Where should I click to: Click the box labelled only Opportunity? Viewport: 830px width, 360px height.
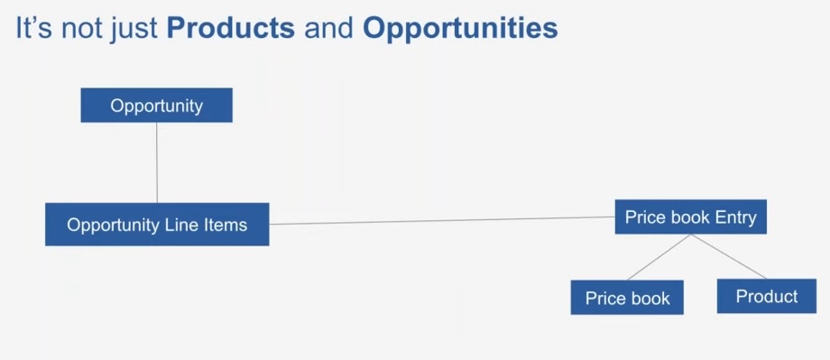(x=156, y=106)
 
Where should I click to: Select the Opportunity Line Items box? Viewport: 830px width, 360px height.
(x=157, y=225)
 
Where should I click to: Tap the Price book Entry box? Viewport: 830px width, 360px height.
(x=690, y=217)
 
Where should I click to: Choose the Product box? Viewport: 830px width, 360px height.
(x=766, y=296)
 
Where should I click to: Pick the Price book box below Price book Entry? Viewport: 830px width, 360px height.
(x=627, y=298)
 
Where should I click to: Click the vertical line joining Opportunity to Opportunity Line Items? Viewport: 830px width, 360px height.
(x=157, y=162)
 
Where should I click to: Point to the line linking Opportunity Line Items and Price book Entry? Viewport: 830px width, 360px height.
(x=442, y=220)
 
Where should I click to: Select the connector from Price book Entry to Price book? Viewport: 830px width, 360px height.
(x=659, y=257)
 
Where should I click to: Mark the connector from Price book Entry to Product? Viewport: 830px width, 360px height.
(x=729, y=257)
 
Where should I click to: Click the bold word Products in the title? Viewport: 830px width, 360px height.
(x=230, y=28)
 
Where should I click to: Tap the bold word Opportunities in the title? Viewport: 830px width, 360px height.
(x=459, y=28)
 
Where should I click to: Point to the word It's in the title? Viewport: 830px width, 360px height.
(x=34, y=28)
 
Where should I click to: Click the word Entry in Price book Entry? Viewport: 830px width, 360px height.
(x=735, y=217)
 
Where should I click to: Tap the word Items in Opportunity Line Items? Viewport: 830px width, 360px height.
(x=225, y=225)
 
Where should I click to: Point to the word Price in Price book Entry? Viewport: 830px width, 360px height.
(x=644, y=217)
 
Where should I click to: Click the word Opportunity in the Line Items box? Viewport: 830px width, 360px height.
(x=110, y=225)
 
